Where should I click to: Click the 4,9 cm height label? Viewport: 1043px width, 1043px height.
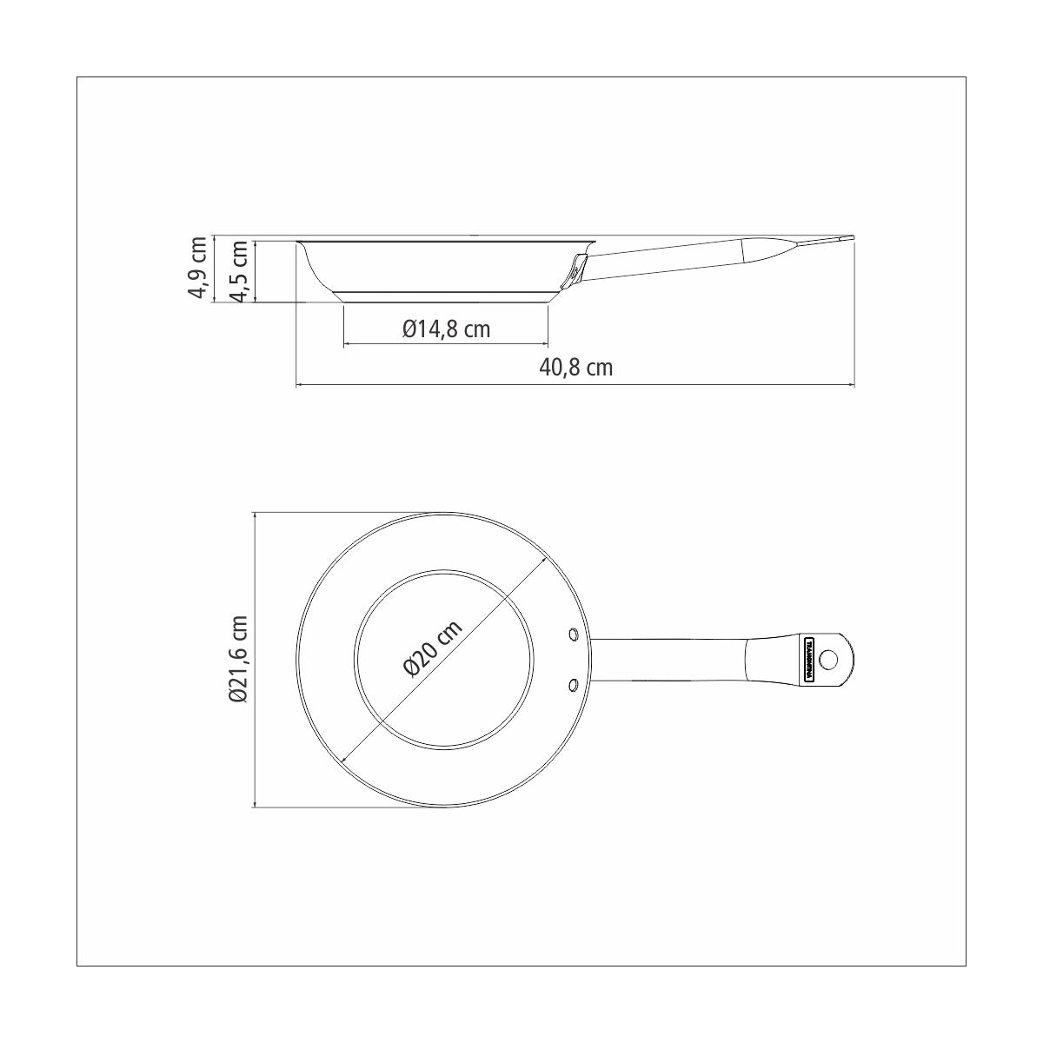click(199, 269)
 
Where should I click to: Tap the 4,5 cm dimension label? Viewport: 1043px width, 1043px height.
click(240, 270)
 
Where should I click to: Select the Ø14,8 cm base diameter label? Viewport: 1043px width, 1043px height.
click(446, 329)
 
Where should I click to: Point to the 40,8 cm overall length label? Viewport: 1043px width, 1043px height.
click(576, 368)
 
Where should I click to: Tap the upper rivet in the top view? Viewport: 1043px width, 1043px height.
click(573, 634)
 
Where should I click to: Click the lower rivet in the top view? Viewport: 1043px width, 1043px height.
click(573, 687)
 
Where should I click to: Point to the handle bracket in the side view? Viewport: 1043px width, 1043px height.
click(577, 269)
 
